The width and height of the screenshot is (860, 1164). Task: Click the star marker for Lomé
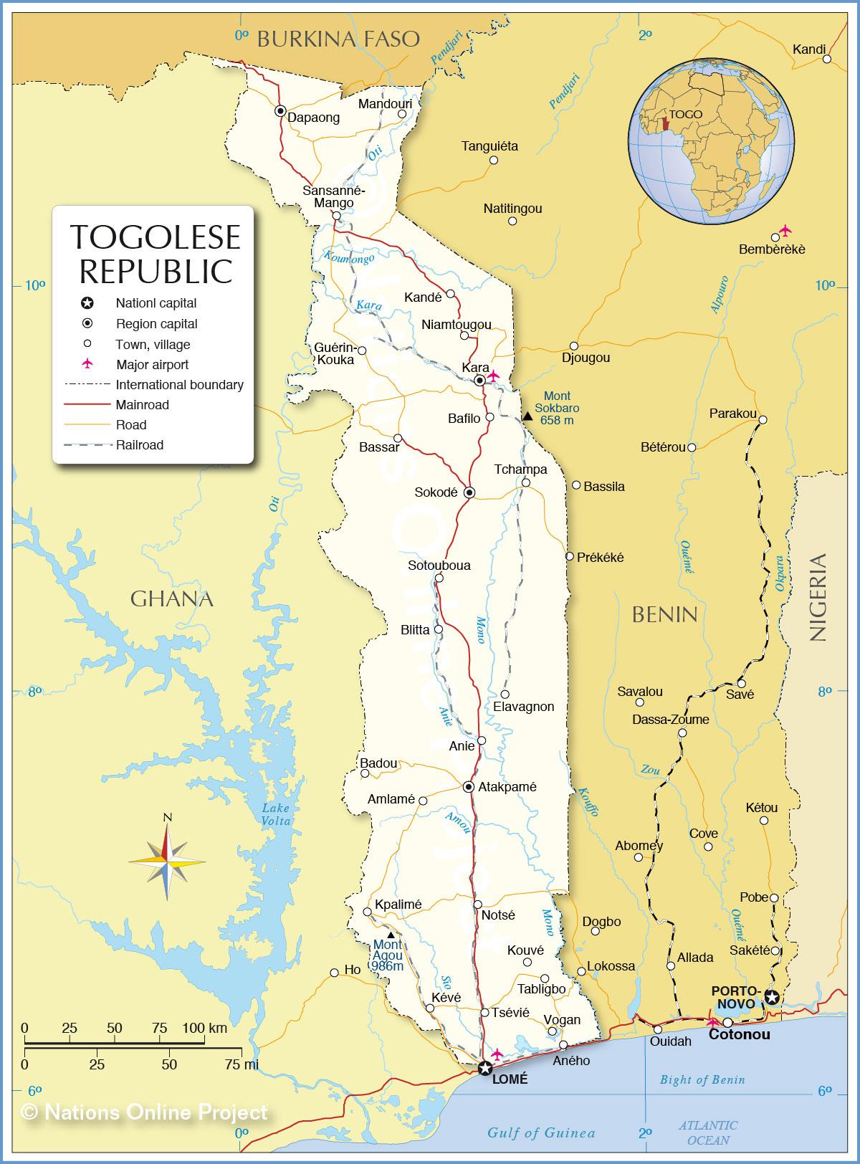click(485, 1069)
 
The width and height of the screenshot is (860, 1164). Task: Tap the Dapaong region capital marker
click(280, 111)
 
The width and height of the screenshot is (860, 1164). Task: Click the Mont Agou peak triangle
click(391, 935)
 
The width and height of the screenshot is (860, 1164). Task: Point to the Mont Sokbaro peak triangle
click(527, 416)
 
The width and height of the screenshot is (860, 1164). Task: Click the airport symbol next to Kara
click(493, 375)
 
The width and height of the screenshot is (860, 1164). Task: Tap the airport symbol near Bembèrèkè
click(785, 230)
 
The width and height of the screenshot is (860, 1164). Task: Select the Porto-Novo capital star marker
click(771, 996)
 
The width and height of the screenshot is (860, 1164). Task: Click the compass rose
click(167, 861)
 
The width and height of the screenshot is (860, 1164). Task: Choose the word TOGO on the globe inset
click(686, 114)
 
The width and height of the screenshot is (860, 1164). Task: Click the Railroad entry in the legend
click(140, 445)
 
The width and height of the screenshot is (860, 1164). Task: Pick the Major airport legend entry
click(152, 364)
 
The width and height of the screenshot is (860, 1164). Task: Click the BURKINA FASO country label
click(338, 39)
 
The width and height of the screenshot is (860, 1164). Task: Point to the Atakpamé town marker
click(468, 787)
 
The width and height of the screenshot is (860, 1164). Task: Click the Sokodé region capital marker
click(469, 493)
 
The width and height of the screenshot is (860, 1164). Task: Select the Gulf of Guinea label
click(541, 1133)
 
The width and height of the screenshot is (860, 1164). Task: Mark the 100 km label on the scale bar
click(204, 1029)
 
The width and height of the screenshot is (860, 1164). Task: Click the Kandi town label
click(809, 49)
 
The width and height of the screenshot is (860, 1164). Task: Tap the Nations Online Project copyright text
click(145, 1112)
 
